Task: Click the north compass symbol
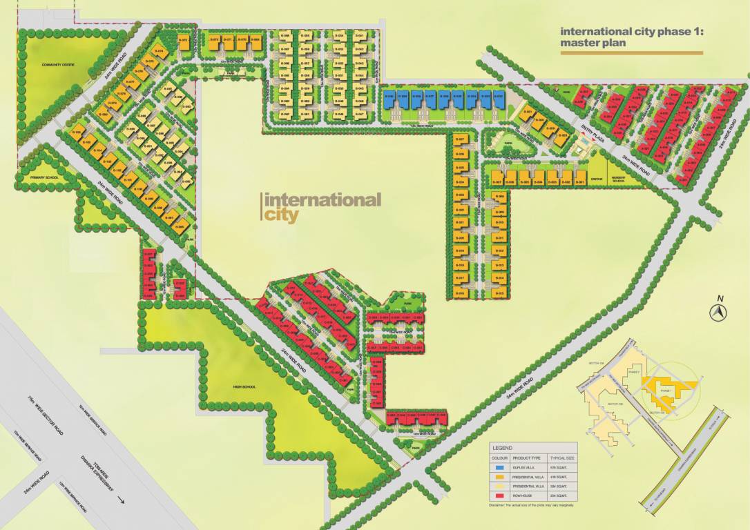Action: pos(719,313)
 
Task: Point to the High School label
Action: pos(245,387)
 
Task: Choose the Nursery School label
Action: pos(618,179)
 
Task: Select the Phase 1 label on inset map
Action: pos(666,391)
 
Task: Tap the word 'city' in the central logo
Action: pos(281,215)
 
